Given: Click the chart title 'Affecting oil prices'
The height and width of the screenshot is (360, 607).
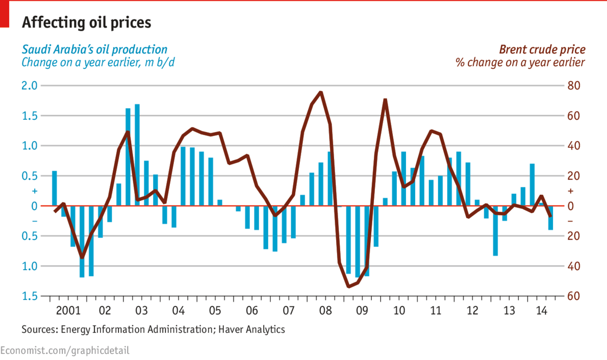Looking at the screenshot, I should (x=86, y=23).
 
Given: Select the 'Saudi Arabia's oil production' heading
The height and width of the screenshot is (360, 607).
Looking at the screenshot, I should (x=94, y=49).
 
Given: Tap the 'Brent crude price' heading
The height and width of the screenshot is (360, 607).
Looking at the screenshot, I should (x=542, y=49).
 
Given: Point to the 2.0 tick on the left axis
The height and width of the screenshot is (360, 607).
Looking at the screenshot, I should (x=30, y=86).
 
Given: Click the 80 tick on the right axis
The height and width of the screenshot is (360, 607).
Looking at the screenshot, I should (x=574, y=86).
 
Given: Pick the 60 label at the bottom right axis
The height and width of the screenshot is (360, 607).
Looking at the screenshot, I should (x=574, y=296).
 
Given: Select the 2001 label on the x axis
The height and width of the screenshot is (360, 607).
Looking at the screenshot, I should (x=68, y=310).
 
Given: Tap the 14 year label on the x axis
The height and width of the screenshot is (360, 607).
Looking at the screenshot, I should (x=542, y=310).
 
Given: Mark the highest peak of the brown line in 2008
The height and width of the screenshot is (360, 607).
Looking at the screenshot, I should (x=320, y=92).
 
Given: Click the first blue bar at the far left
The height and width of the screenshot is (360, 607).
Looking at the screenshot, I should (x=55, y=189).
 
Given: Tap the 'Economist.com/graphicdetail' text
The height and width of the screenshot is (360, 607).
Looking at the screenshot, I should (x=65, y=350).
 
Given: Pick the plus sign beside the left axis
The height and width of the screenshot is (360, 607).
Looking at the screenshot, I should (x=35, y=191).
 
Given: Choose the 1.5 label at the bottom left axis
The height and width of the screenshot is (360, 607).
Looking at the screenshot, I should (x=30, y=296).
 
